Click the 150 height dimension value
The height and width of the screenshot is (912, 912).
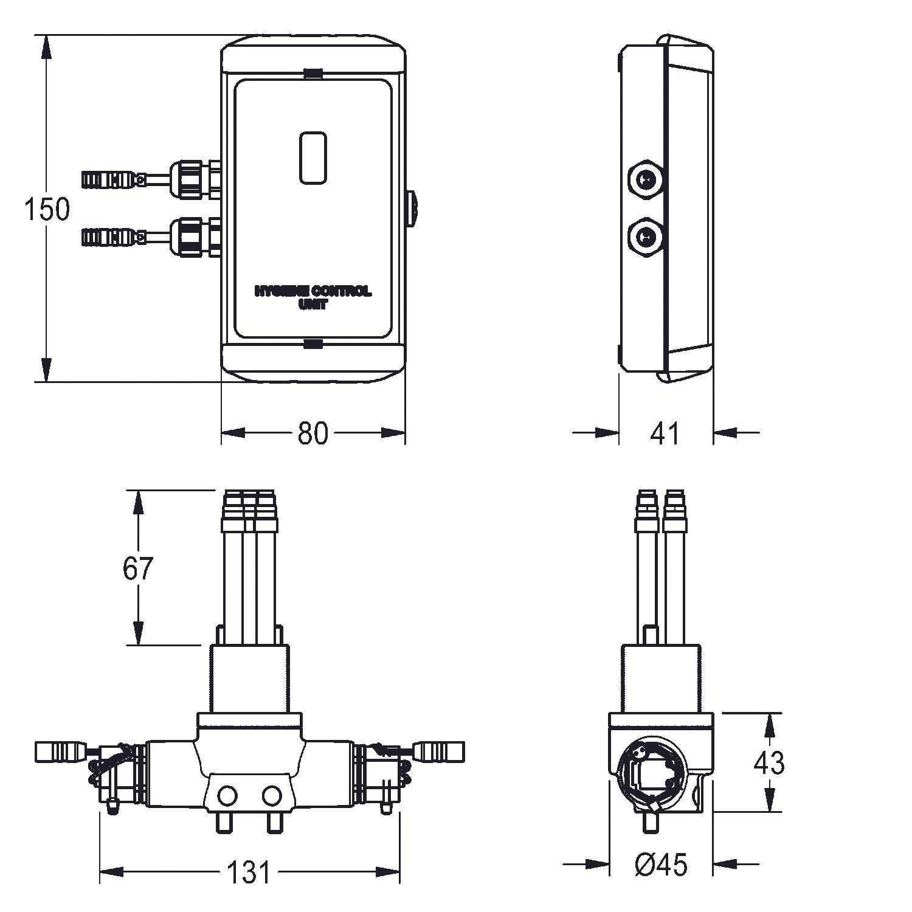click(x=47, y=209)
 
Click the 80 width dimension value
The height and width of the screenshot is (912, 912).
click(x=313, y=433)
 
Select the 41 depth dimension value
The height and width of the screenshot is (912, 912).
click(x=665, y=433)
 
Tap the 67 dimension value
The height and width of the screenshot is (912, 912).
click(x=138, y=568)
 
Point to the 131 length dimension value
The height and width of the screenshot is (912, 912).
click(x=249, y=872)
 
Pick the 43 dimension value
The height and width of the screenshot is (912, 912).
click(x=769, y=762)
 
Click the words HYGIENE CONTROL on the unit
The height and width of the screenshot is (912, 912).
click(x=313, y=292)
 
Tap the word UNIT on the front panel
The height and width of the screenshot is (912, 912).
click(x=313, y=305)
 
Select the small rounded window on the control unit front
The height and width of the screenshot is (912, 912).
click(x=314, y=157)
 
